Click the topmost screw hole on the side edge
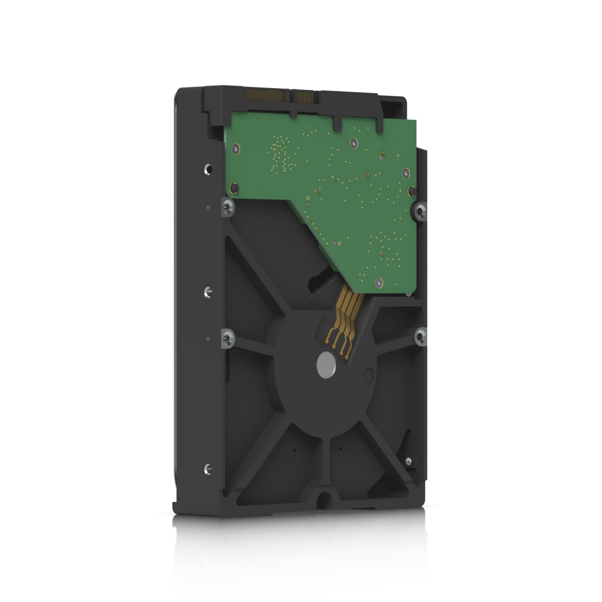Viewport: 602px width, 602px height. (x=207, y=168)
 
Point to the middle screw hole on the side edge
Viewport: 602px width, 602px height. (x=207, y=290)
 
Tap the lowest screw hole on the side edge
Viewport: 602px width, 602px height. (x=207, y=468)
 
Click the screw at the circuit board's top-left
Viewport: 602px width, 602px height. (x=237, y=148)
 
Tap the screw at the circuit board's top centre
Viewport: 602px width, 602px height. (x=354, y=142)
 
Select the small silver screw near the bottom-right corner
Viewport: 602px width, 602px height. (x=408, y=461)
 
